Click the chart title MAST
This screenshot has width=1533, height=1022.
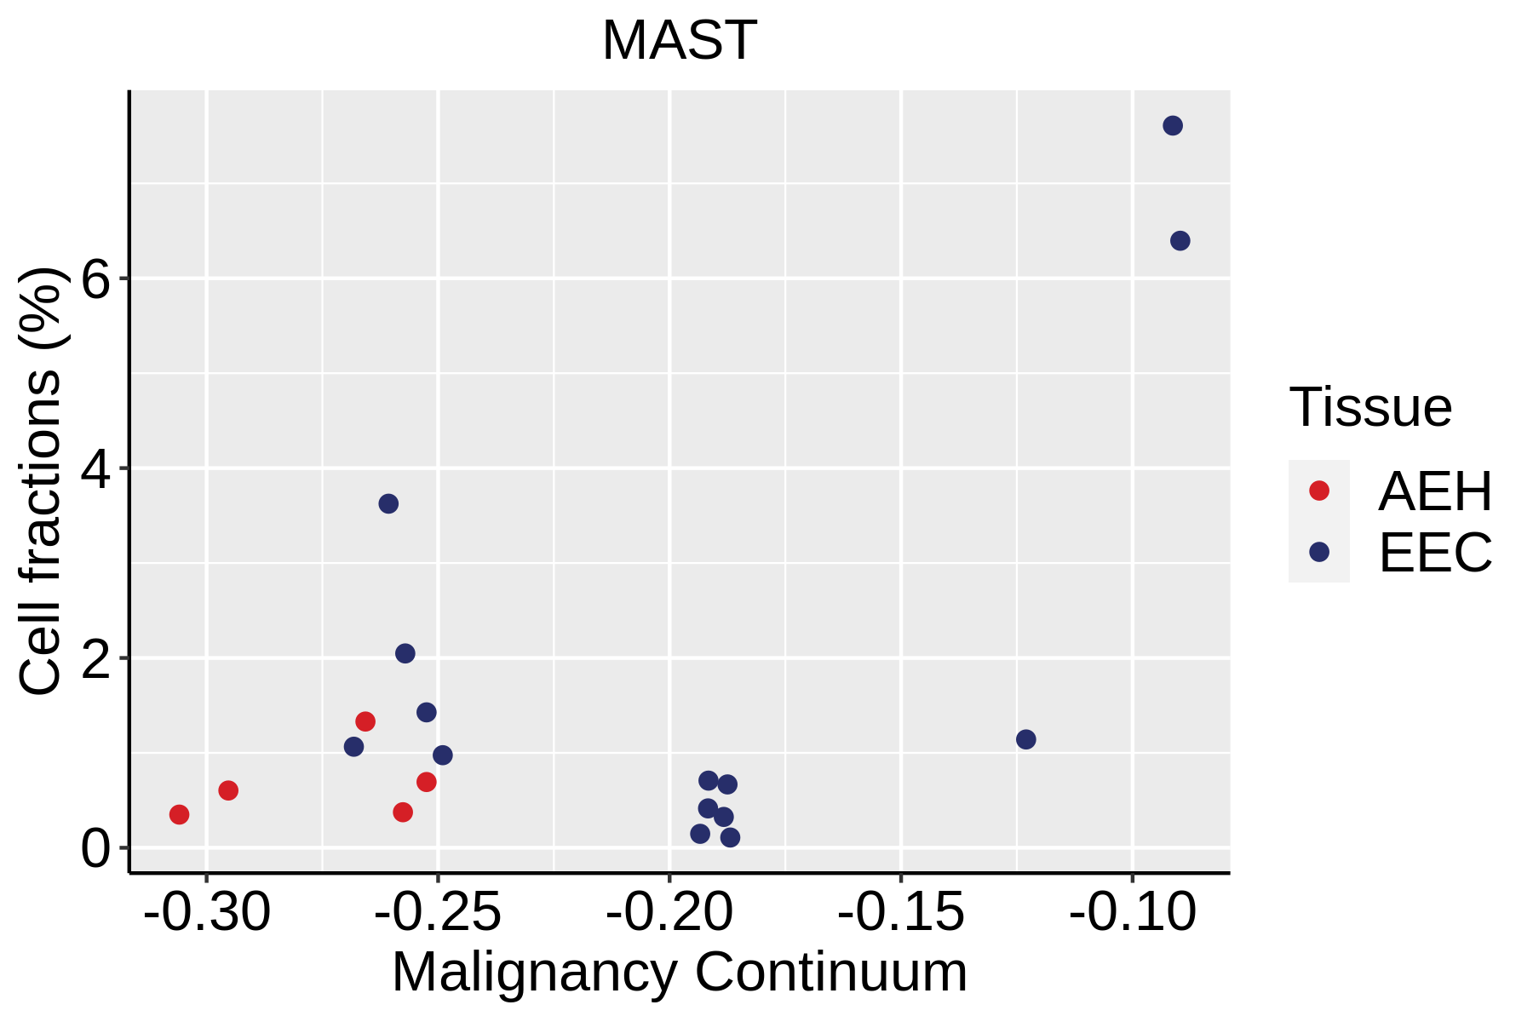(x=679, y=40)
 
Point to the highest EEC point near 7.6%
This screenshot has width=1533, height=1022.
(x=1173, y=126)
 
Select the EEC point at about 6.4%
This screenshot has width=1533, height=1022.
(x=1180, y=241)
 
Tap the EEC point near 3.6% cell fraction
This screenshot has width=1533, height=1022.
(x=388, y=503)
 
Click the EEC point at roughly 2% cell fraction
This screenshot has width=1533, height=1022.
(x=405, y=653)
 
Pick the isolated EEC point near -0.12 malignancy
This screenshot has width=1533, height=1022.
(x=1026, y=739)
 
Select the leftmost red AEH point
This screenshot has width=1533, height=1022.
(x=179, y=814)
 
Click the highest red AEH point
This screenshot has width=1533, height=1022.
(x=365, y=721)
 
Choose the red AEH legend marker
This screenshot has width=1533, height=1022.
(x=1319, y=491)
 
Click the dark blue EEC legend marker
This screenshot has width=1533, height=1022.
(x=1319, y=552)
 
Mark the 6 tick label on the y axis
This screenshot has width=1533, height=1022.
(x=96, y=278)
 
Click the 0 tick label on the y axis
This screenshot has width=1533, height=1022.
(x=96, y=848)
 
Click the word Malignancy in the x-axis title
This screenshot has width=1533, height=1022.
(x=535, y=973)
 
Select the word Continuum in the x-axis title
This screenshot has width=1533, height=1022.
(x=831, y=973)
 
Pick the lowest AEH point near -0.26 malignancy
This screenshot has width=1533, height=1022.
(x=403, y=812)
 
